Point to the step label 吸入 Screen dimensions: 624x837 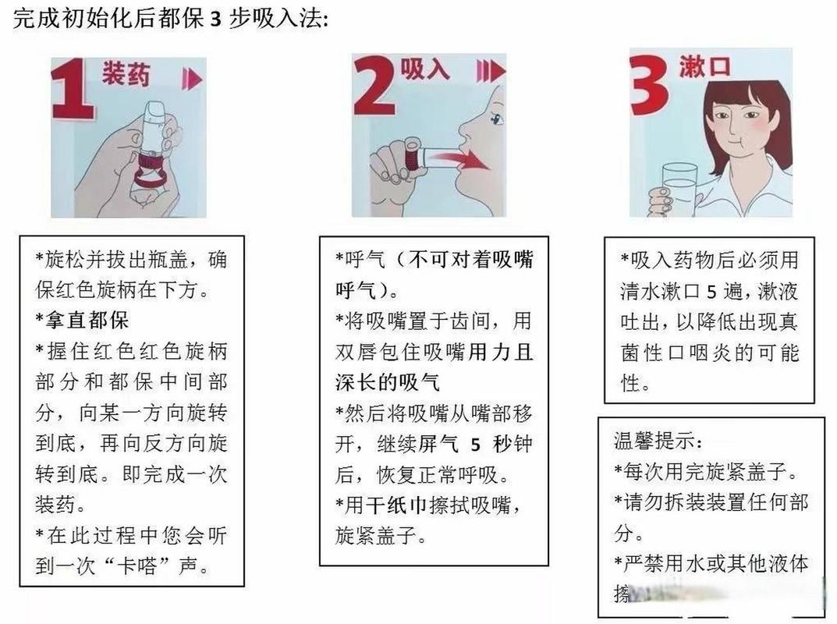click(x=424, y=70)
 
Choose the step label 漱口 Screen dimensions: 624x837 click(x=704, y=66)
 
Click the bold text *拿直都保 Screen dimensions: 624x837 click(x=82, y=320)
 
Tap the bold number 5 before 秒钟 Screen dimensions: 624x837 click(x=475, y=445)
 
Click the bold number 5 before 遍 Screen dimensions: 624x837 click(x=711, y=289)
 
